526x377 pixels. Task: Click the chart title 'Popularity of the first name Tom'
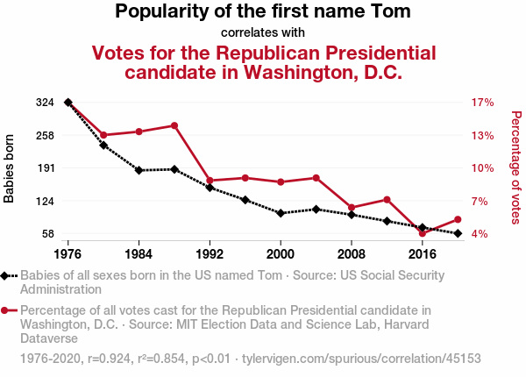(x=263, y=12)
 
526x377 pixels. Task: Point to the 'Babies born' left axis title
(x=10, y=168)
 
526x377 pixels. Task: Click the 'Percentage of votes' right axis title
(x=516, y=167)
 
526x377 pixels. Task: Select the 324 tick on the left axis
(x=46, y=103)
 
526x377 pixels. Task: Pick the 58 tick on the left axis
(x=50, y=234)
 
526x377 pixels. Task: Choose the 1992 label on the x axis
(x=210, y=253)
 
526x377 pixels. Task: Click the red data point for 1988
(x=174, y=125)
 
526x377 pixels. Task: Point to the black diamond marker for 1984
(x=139, y=170)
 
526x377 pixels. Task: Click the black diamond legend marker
(x=6, y=275)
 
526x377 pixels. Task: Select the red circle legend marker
(x=6, y=310)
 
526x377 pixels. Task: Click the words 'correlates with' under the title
(x=263, y=32)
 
